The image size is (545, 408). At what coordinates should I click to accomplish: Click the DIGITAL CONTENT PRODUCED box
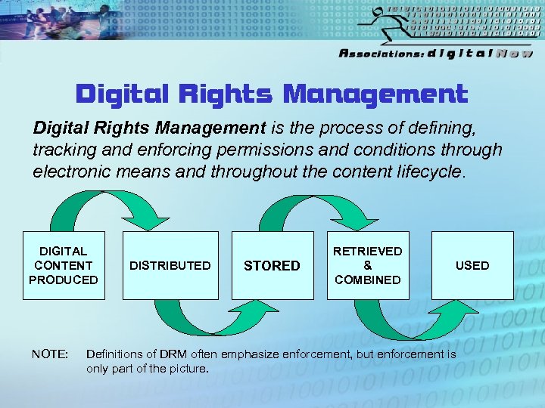64,265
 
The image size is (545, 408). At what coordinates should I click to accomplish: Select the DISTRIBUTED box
170,265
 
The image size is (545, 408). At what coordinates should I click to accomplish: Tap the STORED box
272,265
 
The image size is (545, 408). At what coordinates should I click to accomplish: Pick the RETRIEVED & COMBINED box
368,265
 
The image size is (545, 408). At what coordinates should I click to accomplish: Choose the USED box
472,265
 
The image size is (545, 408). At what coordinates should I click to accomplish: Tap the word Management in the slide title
375,94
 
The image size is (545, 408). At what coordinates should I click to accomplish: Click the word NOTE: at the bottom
50,354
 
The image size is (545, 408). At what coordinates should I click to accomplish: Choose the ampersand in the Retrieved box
368,265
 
